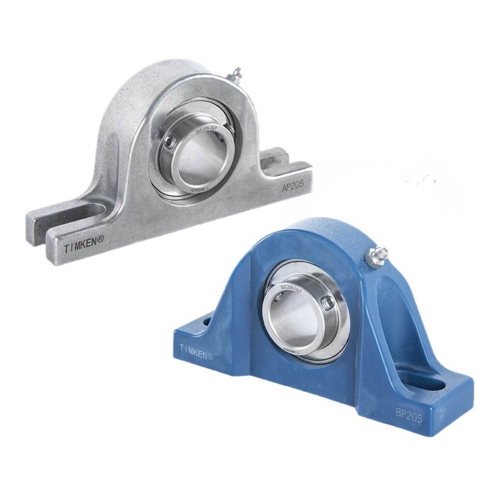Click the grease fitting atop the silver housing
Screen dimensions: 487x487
pos(236,74)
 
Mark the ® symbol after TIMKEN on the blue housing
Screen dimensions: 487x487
pos(210,357)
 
